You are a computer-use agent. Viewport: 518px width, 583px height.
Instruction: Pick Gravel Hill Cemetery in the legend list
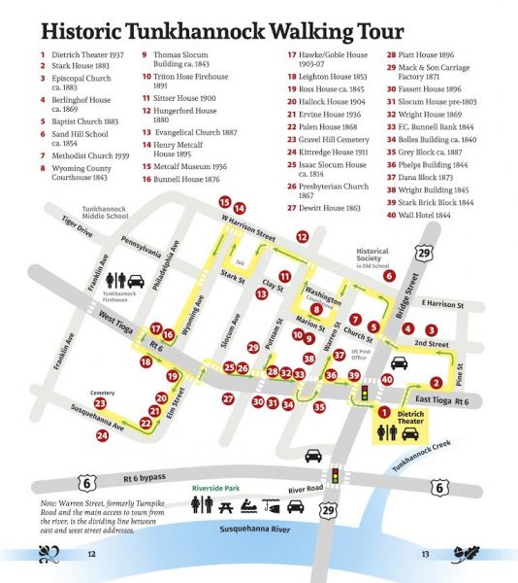click(x=336, y=140)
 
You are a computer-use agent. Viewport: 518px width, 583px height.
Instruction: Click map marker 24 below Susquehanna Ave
click(x=103, y=436)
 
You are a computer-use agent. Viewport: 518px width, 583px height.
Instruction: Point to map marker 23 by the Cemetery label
click(x=100, y=402)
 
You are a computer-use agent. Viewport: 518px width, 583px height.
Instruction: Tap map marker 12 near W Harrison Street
click(x=303, y=236)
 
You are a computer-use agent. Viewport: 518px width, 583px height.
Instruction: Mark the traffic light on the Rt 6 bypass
click(x=335, y=477)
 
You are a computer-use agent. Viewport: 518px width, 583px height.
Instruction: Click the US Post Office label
click(x=362, y=352)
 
